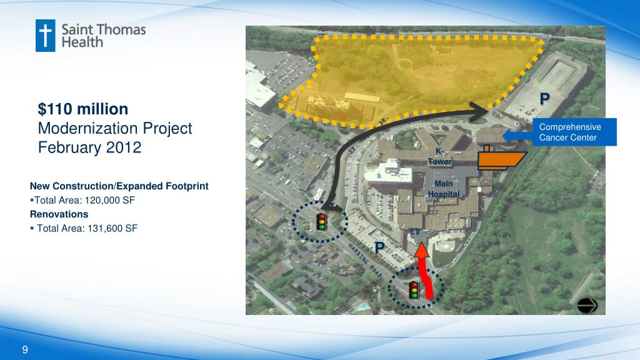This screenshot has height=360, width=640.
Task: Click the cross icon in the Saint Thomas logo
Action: pos(46,36)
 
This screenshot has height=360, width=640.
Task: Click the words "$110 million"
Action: pos(83,109)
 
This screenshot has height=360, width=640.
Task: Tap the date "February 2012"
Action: pos(90,148)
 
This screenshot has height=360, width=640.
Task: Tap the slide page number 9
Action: pos(25,349)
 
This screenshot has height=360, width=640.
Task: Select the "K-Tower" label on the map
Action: pos(439,156)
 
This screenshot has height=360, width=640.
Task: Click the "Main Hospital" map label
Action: pos(443,189)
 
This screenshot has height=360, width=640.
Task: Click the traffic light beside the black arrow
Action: pos(321,221)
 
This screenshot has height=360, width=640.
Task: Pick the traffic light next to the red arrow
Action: pos(414,290)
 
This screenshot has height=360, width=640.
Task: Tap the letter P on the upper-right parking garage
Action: pos(545,98)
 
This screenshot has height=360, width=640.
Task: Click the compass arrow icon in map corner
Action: pos(588,304)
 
